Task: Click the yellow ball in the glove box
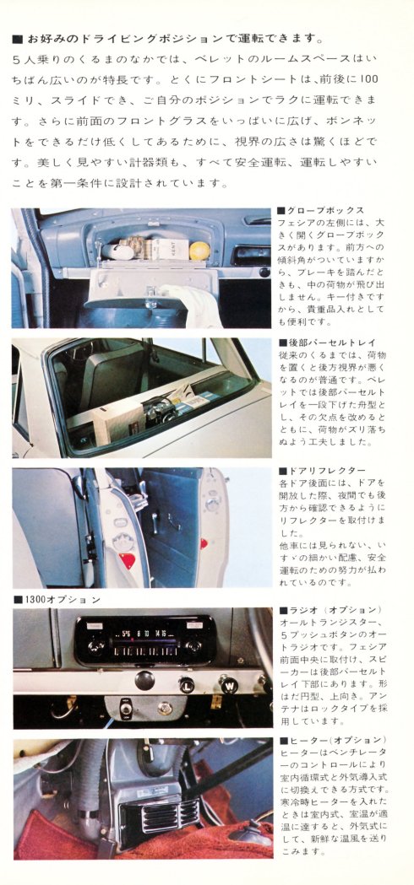199,251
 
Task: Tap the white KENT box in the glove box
166,248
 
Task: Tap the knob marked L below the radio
187,684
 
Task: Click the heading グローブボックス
321,210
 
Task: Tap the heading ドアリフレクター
322,470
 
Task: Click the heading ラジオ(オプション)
330,609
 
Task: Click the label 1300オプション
57,600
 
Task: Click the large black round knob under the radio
145,679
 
